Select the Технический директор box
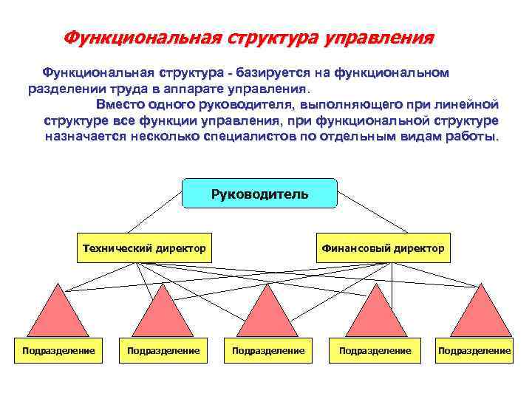[143, 248]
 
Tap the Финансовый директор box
[383, 248]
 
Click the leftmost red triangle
[58, 314]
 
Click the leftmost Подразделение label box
[58, 350]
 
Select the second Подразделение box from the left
[163, 350]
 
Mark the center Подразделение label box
[268, 350]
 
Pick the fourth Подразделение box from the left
[375, 350]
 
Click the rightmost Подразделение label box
[474, 350]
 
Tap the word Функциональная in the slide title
[142, 37]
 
